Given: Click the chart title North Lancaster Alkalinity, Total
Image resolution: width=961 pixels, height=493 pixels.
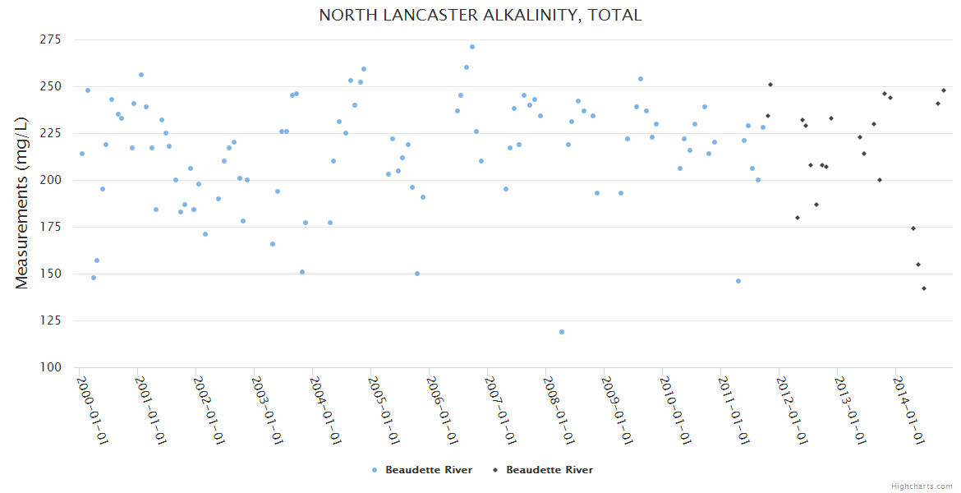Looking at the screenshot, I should point(480,15).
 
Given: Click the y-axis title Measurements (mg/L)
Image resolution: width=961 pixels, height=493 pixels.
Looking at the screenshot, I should point(22,203).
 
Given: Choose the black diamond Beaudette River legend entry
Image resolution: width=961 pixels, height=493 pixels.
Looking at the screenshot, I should point(542,470).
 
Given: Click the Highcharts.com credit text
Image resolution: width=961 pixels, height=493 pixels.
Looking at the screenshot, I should point(922,486).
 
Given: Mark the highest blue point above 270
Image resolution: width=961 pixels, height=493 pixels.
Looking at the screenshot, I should point(472,47).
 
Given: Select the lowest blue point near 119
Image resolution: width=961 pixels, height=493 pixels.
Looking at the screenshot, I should point(562,332).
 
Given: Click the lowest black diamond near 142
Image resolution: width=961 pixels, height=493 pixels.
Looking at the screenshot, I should point(924,288).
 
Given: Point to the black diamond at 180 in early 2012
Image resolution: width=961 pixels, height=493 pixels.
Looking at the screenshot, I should point(798,218).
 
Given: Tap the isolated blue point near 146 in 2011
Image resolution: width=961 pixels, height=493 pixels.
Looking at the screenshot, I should point(738,281).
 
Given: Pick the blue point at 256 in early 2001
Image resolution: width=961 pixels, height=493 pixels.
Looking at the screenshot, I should point(141,75).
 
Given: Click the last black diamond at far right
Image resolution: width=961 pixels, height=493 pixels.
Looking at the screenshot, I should point(944,90).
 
